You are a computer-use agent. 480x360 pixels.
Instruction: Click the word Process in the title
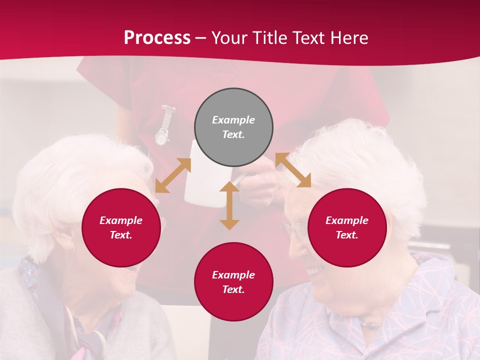click(x=157, y=38)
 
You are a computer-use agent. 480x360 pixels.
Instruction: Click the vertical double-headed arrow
click(x=229, y=205)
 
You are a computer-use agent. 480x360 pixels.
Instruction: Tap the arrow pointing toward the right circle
click(x=293, y=170)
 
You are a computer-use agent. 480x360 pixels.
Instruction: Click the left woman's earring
click(x=70, y=247)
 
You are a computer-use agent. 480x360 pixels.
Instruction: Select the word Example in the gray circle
click(x=233, y=120)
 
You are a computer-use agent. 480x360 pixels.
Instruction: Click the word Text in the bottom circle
click(x=232, y=289)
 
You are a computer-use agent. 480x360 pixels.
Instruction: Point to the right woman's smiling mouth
click(x=314, y=270)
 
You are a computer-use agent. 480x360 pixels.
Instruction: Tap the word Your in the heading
click(x=228, y=38)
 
